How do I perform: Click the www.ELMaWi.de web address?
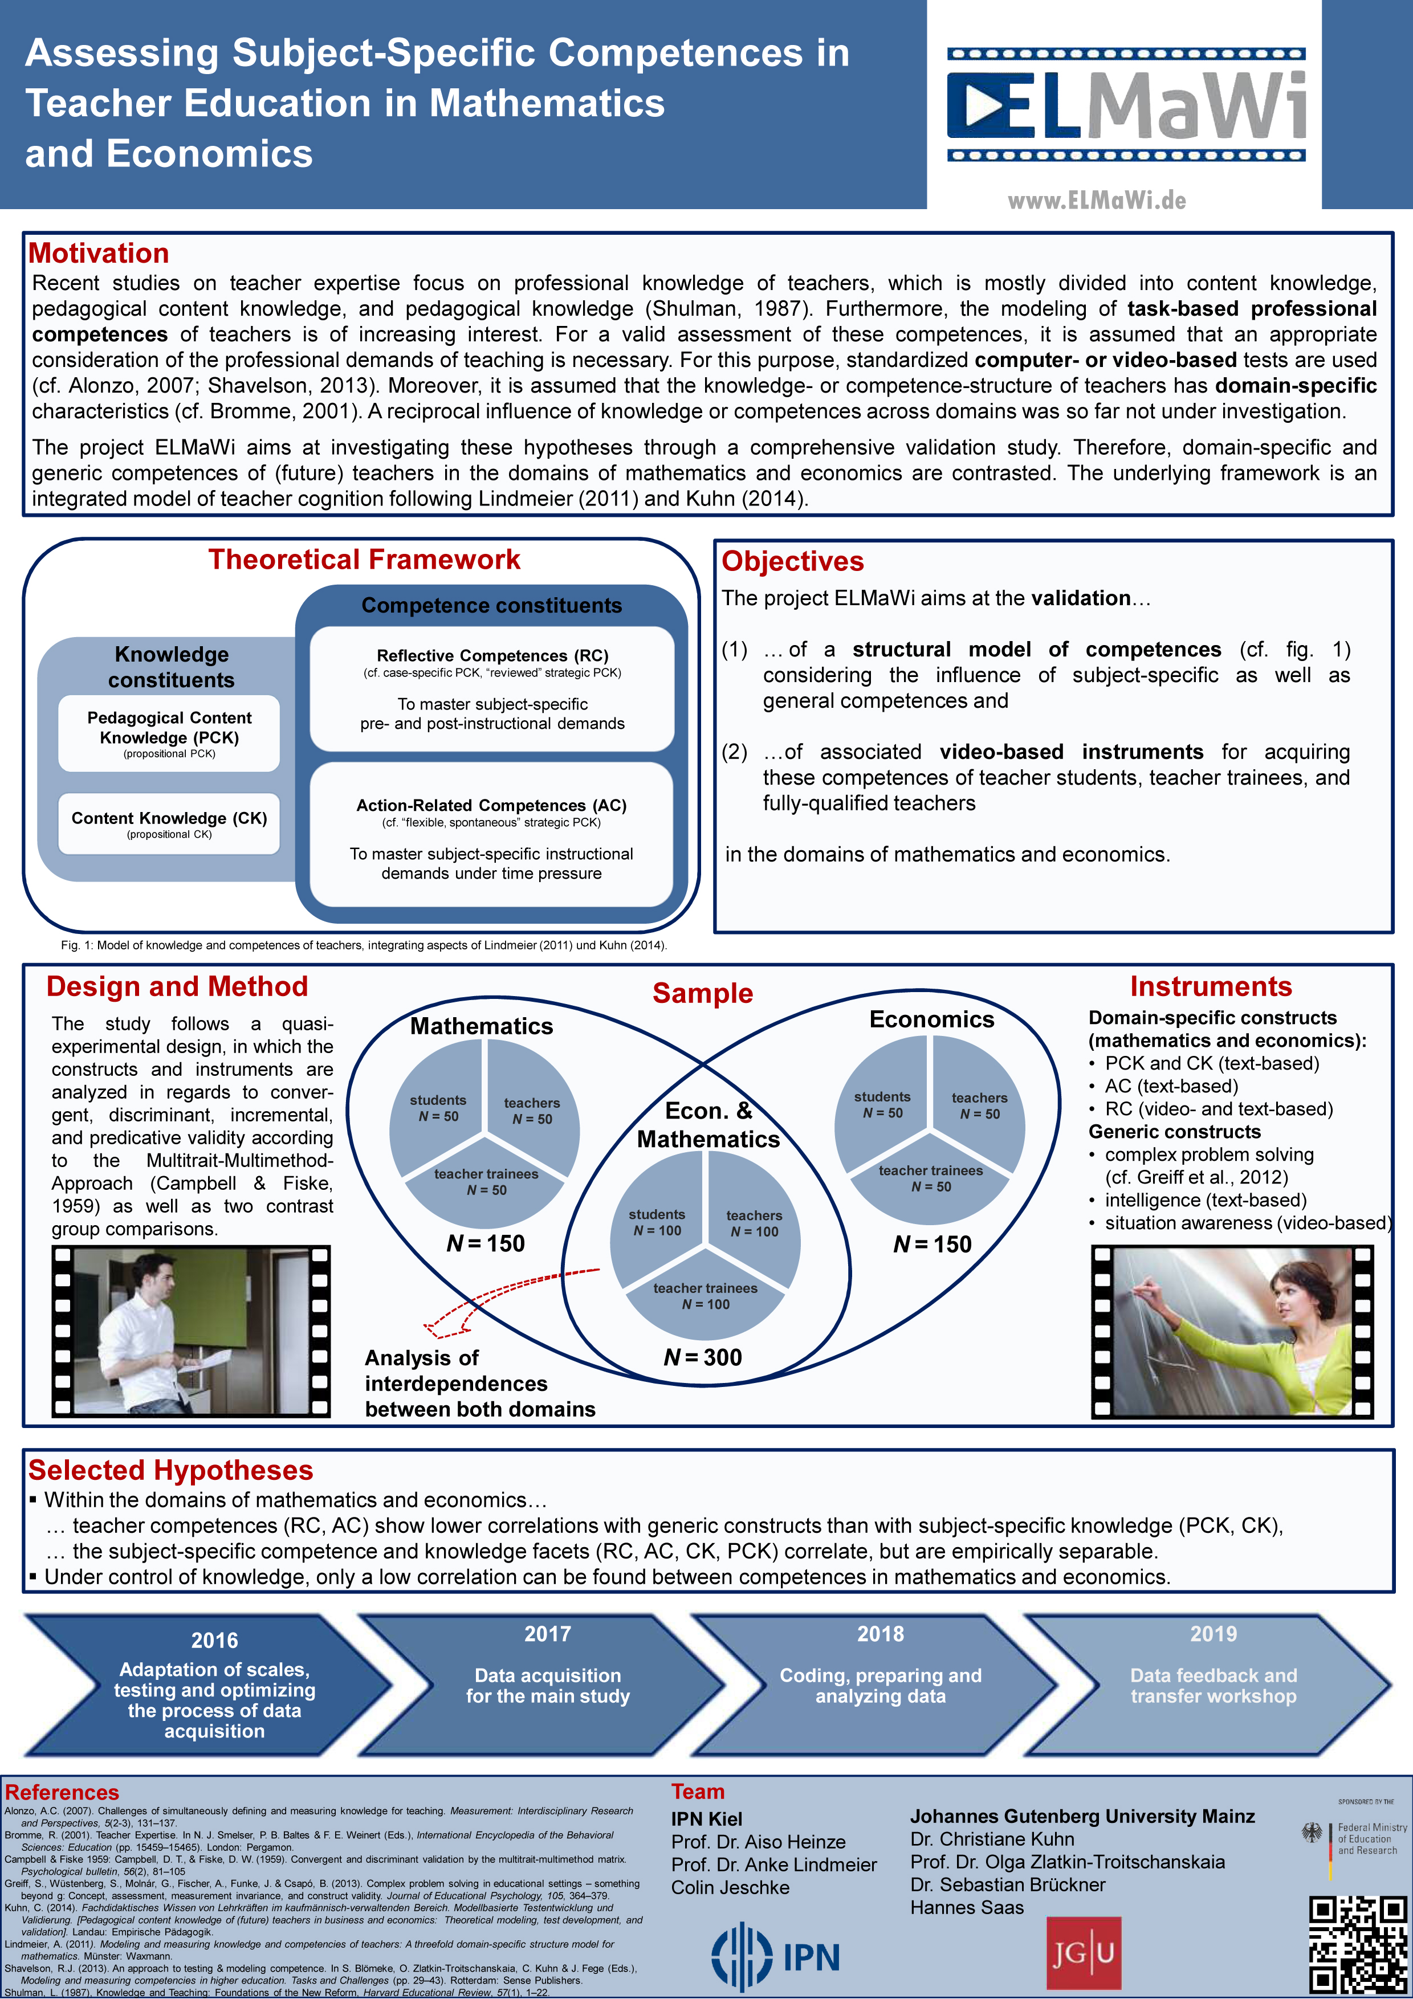coord(1097,201)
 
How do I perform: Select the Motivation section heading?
coord(99,254)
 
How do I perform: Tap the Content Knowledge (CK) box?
coord(169,823)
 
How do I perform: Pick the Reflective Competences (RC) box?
coord(492,689)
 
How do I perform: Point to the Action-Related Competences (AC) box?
coord(492,835)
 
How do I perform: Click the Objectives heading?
coord(792,561)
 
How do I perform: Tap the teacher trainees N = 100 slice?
coord(705,1295)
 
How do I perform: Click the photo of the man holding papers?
coord(191,1331)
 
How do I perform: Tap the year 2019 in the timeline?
coord(1213,1634)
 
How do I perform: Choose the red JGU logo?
coord(1083,1953)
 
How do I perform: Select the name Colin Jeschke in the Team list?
coord(730,1887)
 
